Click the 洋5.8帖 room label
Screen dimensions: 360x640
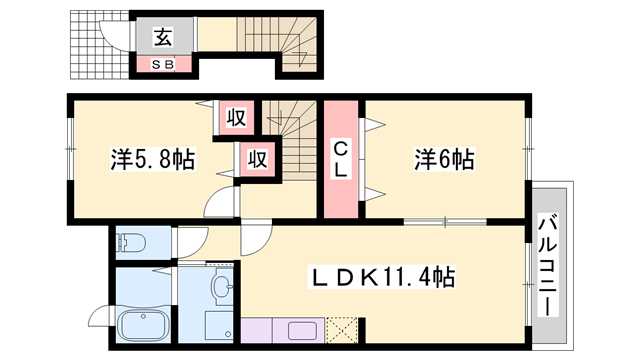click(x=151, y=158)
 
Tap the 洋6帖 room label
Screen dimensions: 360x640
click(x=443, y=158)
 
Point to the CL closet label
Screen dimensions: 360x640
click(x=340, y=160)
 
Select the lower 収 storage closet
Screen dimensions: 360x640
click(x=256, y=159)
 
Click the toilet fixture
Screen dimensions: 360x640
click(x=131, y=243)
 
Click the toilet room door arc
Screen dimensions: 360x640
click(x=190, y=238)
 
